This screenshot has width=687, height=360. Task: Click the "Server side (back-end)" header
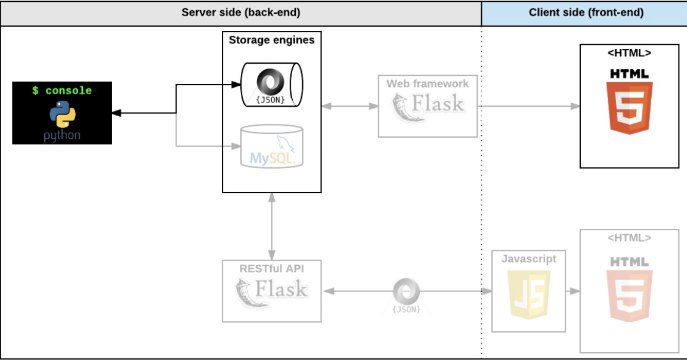click(240, 13)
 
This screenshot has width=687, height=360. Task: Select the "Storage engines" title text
click(271, 41)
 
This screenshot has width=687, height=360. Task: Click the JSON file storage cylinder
click(271, 85)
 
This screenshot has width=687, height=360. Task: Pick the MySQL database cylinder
click(271, 147)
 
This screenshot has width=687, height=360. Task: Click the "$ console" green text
click(62, 91)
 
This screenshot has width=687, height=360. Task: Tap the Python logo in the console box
click(62, 115)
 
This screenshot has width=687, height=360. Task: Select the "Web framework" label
click(428, 83)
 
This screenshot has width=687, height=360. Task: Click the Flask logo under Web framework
click(428, 107)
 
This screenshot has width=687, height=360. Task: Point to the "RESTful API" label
click(271, 268)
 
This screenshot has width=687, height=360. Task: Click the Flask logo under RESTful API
click(271, 291)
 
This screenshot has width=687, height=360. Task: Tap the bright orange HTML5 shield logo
click(629, 107)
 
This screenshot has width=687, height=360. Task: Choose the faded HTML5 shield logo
click(629, 296)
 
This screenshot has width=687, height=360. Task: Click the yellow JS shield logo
click(528, 294)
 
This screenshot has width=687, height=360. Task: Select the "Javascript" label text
click(528, 259)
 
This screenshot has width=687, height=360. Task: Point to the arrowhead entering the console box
click(116, 113)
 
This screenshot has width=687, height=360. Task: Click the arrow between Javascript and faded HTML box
click(573, 291)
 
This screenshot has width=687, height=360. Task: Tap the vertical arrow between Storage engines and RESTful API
click(271, 226)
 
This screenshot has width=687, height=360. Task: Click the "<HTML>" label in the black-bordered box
click(629, 53)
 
